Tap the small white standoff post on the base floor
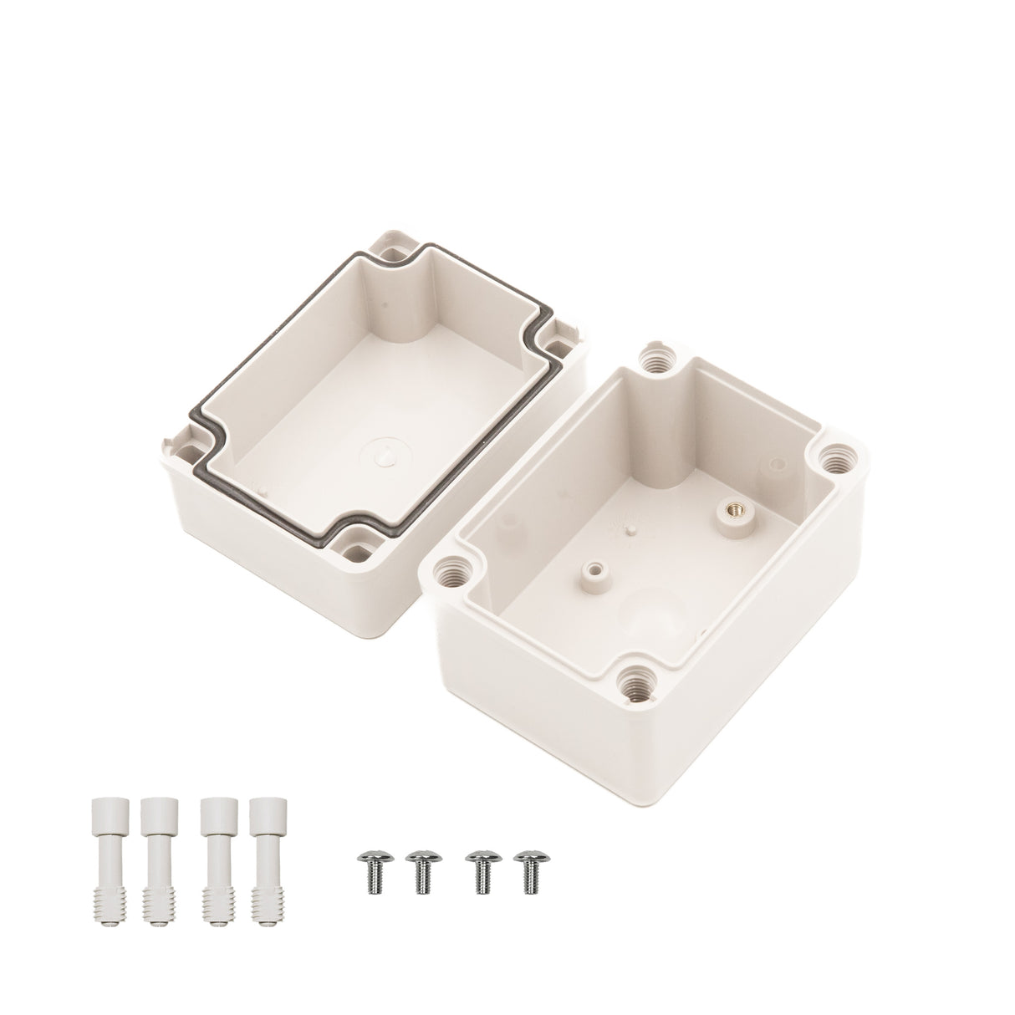[x=594, y=571]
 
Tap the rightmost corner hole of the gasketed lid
[x=555, y=348]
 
